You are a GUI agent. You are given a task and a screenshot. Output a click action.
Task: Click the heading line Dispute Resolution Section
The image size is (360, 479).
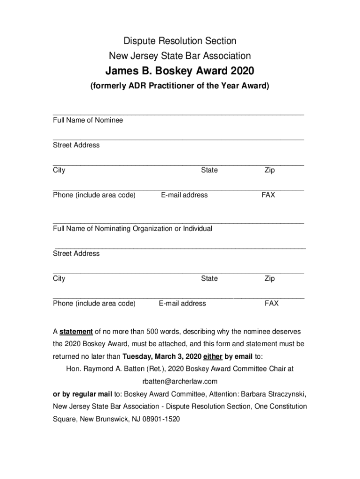tap(180, 41)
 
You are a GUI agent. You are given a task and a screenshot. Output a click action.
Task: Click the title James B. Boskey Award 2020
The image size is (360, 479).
tap(180, 72)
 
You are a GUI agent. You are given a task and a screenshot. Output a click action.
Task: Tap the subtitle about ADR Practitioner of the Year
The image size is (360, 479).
tap(180, 86)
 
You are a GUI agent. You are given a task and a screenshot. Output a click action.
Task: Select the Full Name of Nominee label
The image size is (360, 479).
tap(88, 120)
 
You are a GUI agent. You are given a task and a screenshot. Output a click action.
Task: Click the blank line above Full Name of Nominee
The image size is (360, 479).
tap(179, 114)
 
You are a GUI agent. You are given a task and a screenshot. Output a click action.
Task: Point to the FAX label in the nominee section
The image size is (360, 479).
tap(268, 195)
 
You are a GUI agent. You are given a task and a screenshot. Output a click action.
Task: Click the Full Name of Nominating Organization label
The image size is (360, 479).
tap(133, 229)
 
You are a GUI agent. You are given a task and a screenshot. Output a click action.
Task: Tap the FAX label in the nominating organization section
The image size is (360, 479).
tap(271, 304)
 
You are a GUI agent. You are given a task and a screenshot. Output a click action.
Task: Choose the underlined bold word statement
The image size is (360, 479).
tap(76, 332)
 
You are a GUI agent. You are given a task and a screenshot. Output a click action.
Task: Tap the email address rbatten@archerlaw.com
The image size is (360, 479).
tap(180, 381)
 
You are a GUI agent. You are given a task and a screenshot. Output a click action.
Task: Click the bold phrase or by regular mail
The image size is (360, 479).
tap(80, 393)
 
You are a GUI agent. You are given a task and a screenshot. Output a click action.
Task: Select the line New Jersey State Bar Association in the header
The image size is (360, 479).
tap(180, 56)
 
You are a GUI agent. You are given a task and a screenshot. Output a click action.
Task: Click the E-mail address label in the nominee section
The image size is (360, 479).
tap(184, 195)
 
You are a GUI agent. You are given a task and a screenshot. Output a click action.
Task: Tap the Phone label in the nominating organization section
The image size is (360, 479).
tap(94, 304)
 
